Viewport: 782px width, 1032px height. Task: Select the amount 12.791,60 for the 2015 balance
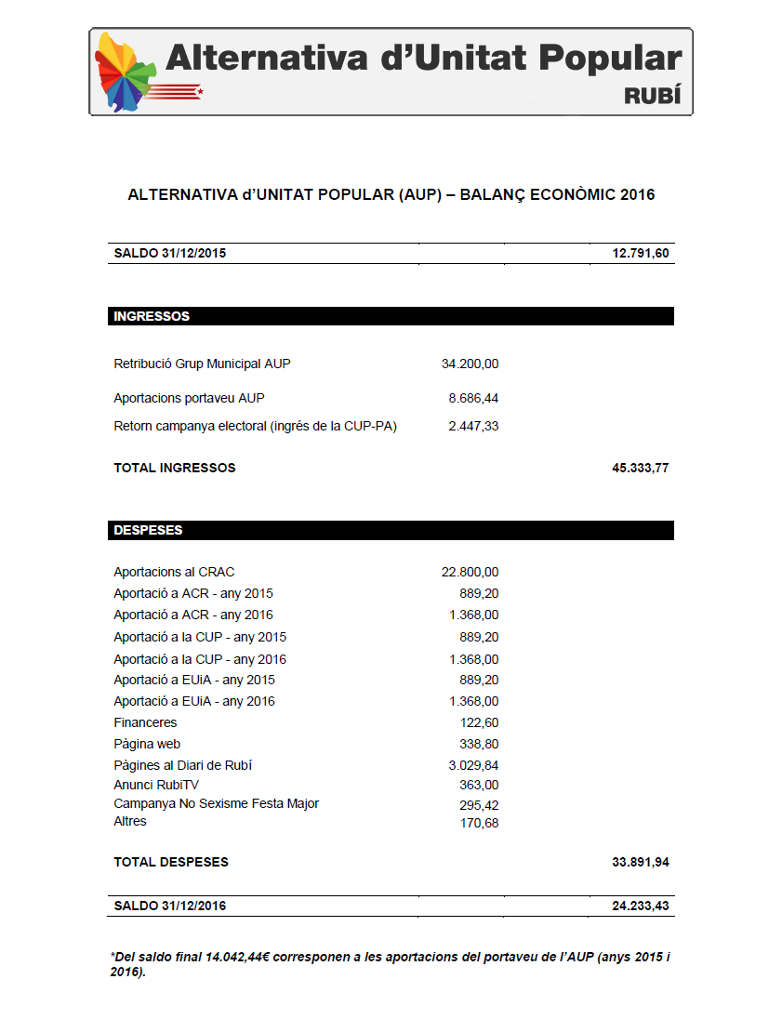[x=640, y=254]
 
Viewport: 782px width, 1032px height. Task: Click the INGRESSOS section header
[x=152, y=316]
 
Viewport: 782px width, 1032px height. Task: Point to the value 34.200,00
[x=470, y=364]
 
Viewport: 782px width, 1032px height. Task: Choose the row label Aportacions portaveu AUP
[x=189, y=398]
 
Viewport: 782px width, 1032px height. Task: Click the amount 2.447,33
[x=473, y=426]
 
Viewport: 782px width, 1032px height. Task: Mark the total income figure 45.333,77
[x=640, y=468]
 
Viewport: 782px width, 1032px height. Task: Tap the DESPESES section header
[x=148, y=530]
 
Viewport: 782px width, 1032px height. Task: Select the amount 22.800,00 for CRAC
[x=470, y=572]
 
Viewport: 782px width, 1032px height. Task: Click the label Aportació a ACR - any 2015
[x=193, y=593]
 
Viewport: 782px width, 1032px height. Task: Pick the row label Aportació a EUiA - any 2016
[x=194, y=701]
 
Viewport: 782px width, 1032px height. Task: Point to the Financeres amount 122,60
[x=479, y=722]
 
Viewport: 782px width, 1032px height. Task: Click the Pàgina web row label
[x=147, y=744]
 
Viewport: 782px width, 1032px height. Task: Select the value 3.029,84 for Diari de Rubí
[x=473, y=765]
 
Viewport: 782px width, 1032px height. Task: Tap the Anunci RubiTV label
[x=156, y=785]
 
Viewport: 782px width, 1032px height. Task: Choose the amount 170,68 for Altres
[x=479, y=823]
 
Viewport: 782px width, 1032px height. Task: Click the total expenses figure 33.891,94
[x=640, y=862]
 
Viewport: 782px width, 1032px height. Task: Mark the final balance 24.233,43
[x=640, y=906]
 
